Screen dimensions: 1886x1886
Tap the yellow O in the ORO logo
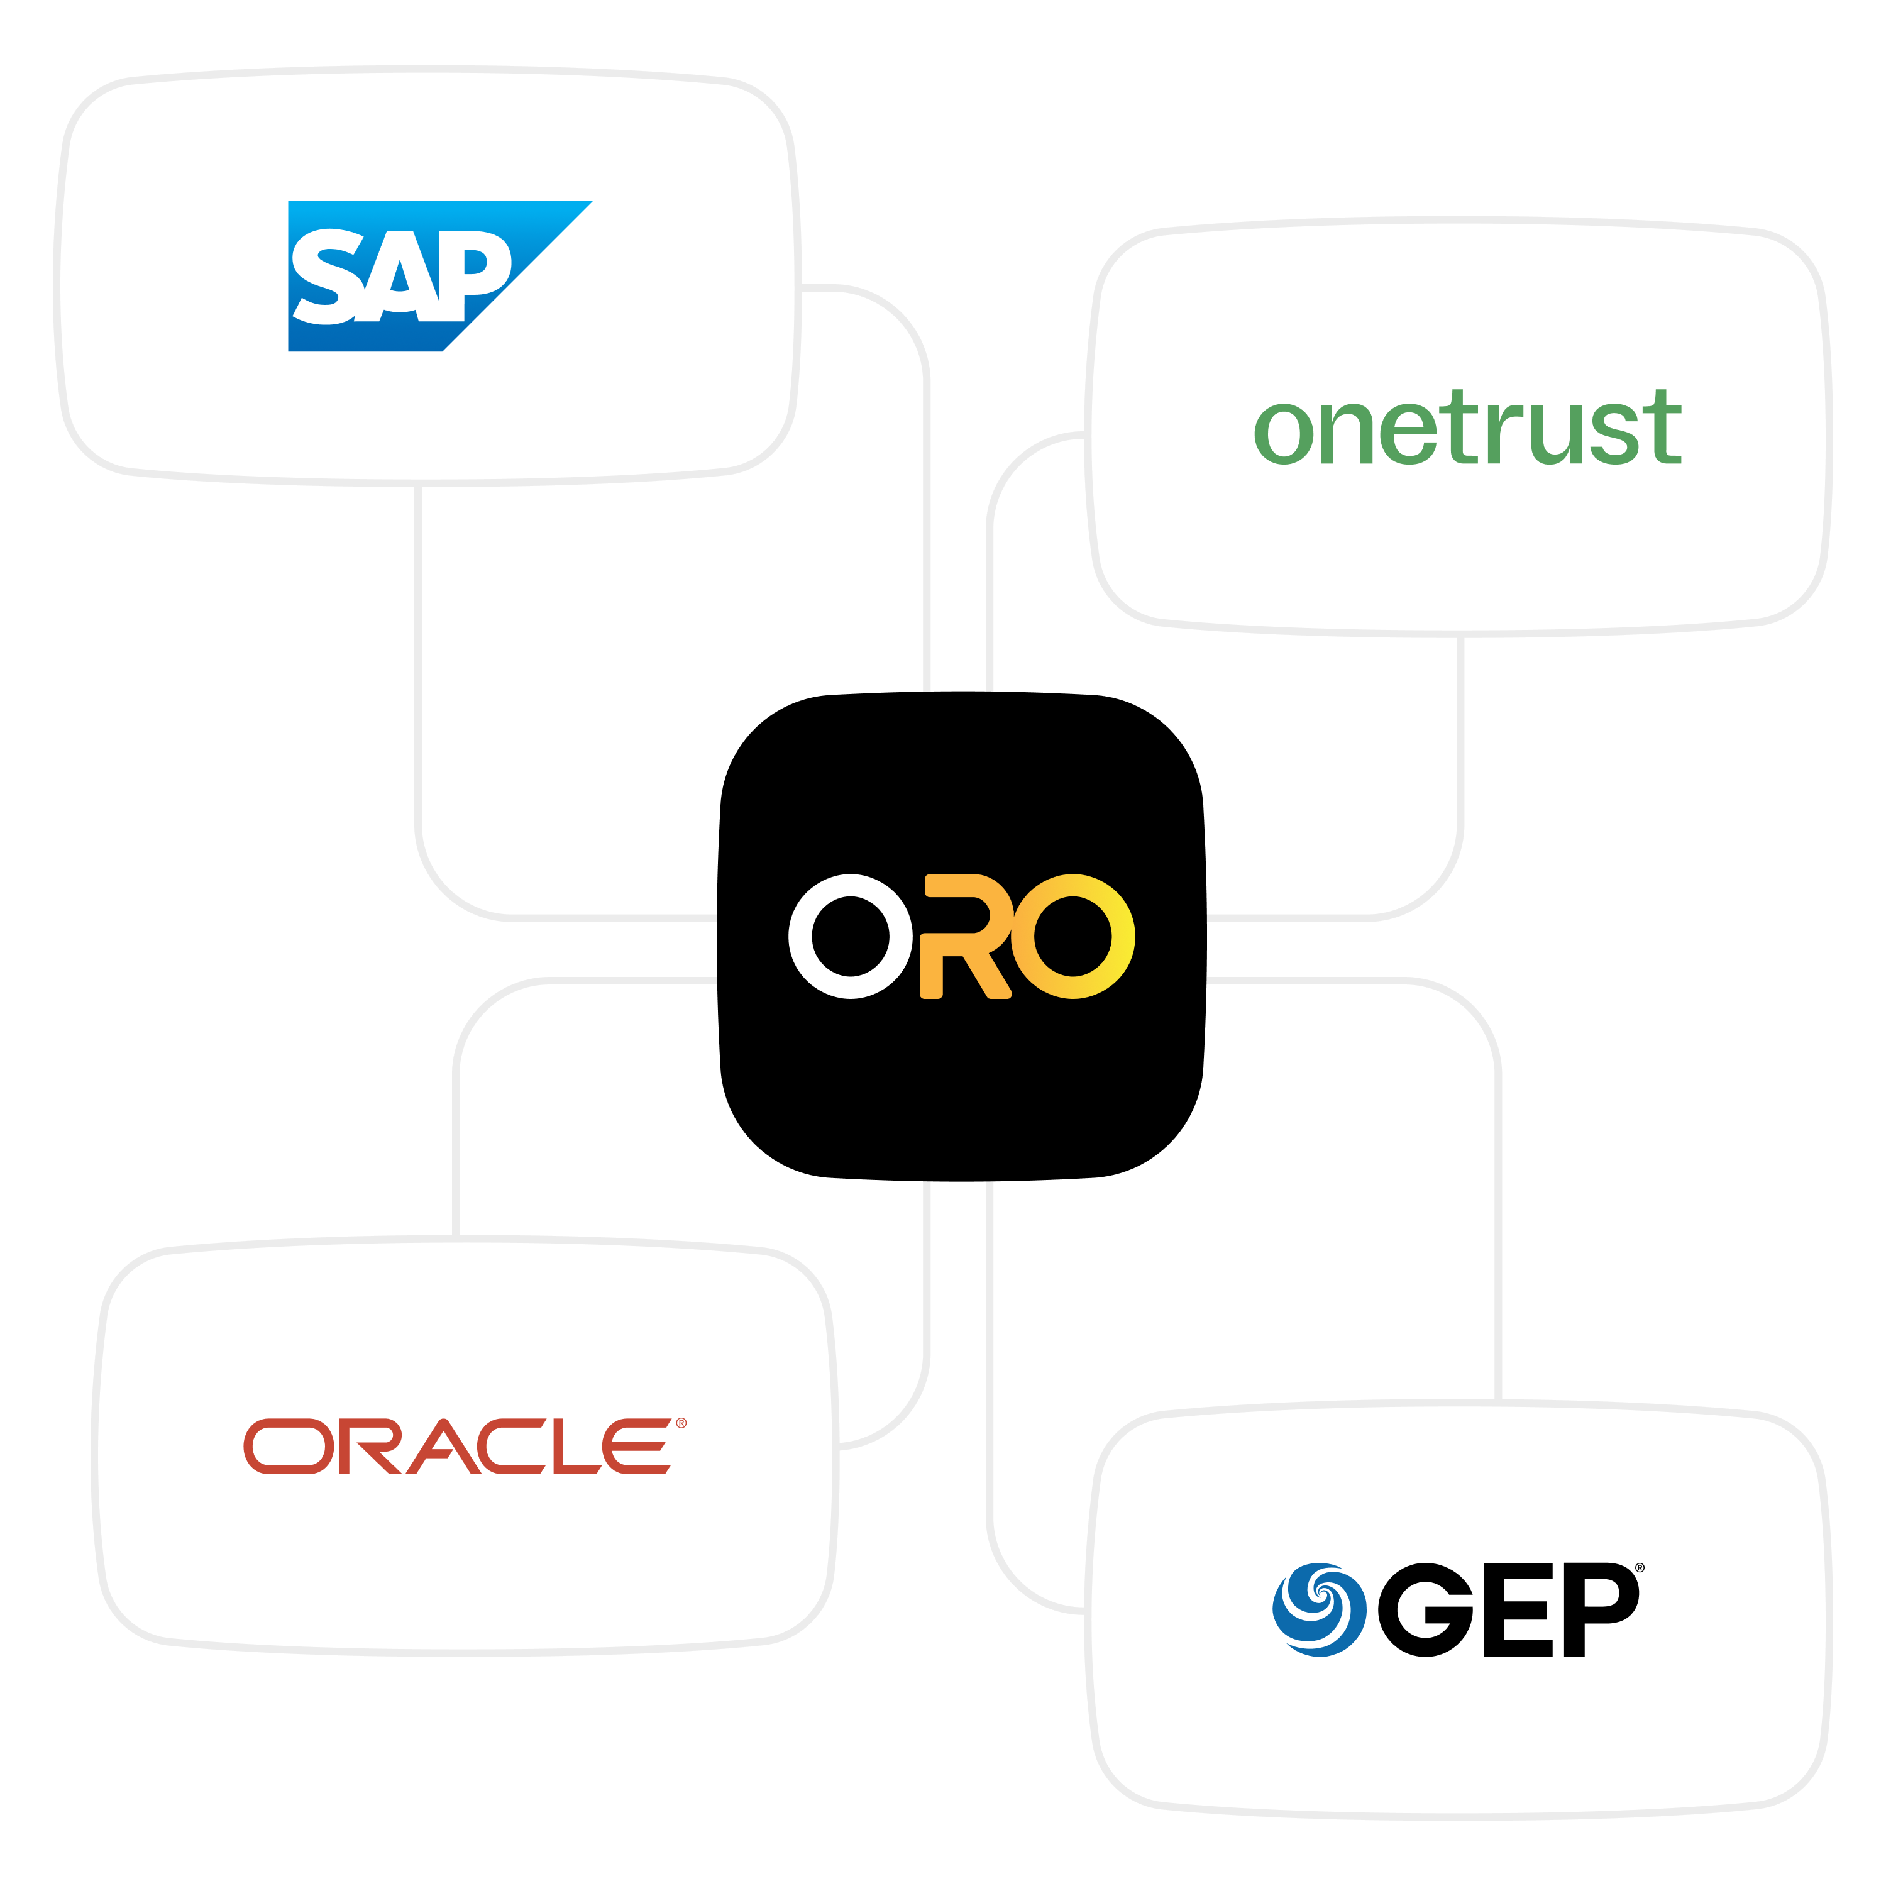pos(1073,935)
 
